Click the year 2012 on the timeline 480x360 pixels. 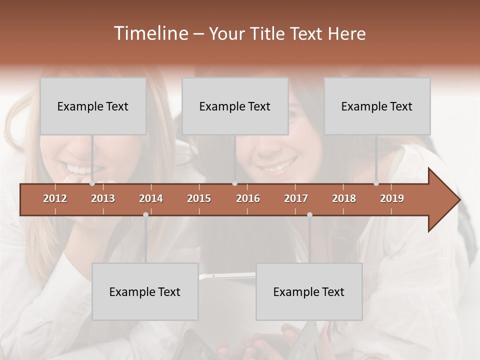click(x=55, y=198)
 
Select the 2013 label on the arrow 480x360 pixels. click(x=103, y=198)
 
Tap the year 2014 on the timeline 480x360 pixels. click(x=151, y=198)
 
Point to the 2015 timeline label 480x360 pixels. click(x=199, y=198)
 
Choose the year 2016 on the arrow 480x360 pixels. click(x=248, y=198)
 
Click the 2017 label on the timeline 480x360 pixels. click(x=296, y=198)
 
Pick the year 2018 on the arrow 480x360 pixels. click(x=344, y=198)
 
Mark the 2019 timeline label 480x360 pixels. click(x=392, y=198)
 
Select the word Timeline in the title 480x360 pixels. click(x=150, y=33)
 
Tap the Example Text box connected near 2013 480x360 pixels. click(x=93, y=106)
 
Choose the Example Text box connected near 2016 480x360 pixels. click(x=235, y=106)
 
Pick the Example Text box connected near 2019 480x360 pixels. click(x=377, y=106)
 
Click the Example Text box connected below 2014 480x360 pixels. click(x=145, y=291)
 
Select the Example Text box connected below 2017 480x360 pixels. click(x=309, y=291)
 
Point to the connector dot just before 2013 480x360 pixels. click(x=92, y=183)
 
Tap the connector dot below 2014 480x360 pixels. click(x=145, y=214)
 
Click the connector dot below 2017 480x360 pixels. click(x=309, y=214)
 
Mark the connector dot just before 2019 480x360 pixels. click(x=376, y=183)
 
